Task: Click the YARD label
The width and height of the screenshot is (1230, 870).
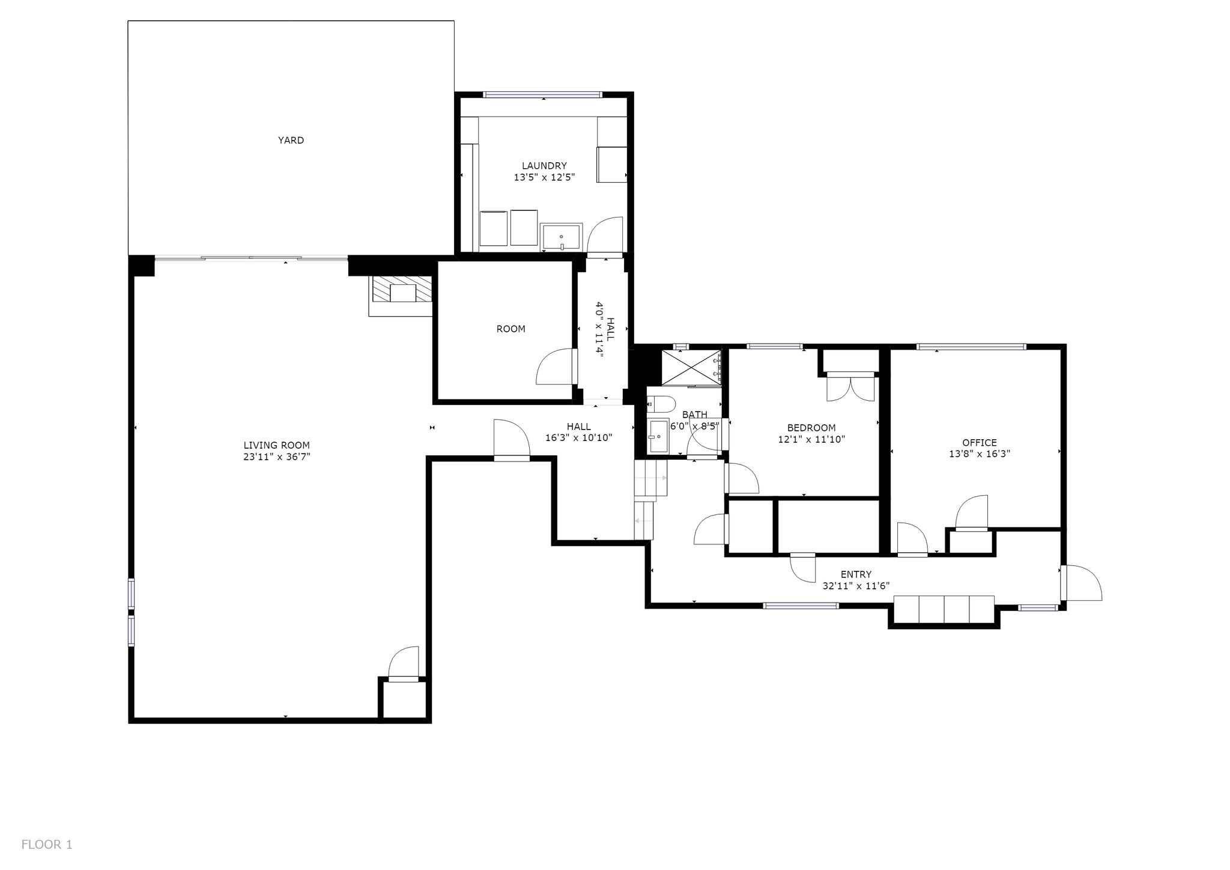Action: [x=291, y=140]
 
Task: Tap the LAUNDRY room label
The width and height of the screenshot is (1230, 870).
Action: [x=544, y=166]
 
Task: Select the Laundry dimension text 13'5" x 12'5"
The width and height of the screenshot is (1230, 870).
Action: [x=544, y=177]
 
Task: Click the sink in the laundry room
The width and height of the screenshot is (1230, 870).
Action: [x=562, y=236]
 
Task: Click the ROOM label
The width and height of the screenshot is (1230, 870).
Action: [x=510, y=329]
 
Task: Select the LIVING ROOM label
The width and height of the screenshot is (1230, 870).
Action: [x=276, y=445]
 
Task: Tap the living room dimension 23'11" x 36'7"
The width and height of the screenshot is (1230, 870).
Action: [x=276, y=457]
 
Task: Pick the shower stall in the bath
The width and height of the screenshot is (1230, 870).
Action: [x=691, y=367]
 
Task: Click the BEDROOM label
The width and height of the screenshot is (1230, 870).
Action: [x=811, y=428]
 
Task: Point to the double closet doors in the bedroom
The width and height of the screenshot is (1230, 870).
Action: [x=850, y=387]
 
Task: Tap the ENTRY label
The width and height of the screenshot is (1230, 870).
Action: [x=856, y=574]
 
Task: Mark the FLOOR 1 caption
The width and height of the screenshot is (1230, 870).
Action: [x=47, y=845]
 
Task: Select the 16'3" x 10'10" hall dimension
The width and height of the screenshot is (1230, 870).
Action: [x=578, y=438]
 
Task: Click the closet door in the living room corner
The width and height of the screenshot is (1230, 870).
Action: [x=403, y=665]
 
